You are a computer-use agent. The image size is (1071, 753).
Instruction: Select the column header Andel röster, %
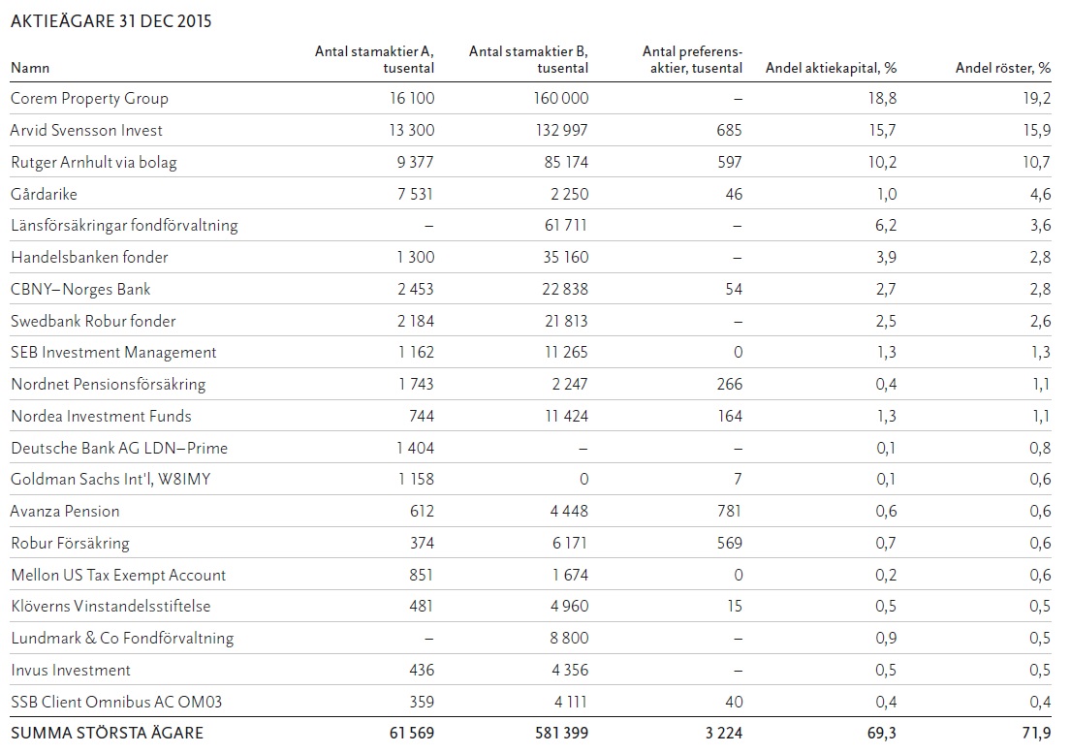tap(1002, 68)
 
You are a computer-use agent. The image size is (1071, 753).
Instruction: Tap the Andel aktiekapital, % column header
tap(831, 68)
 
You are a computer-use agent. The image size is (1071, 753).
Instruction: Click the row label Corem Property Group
tap(89, 98)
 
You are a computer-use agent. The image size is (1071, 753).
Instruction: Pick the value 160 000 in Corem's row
tap(560, 98)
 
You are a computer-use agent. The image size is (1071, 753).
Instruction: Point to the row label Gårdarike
tap(44, 194)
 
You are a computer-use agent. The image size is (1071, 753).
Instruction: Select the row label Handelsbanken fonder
tap(89, 258)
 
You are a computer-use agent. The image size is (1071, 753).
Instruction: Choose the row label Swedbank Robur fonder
tap(93, 321)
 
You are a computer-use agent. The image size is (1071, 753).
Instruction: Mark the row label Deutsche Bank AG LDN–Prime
tap(119, 448)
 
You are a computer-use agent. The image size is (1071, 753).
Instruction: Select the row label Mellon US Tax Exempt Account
tap(118, 575)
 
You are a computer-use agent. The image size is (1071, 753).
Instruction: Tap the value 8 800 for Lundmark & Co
tap(565, 638)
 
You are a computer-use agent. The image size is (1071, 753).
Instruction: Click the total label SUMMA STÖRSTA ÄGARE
tap(107, 733)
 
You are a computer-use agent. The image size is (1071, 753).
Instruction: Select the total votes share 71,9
tap(1035, 733)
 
